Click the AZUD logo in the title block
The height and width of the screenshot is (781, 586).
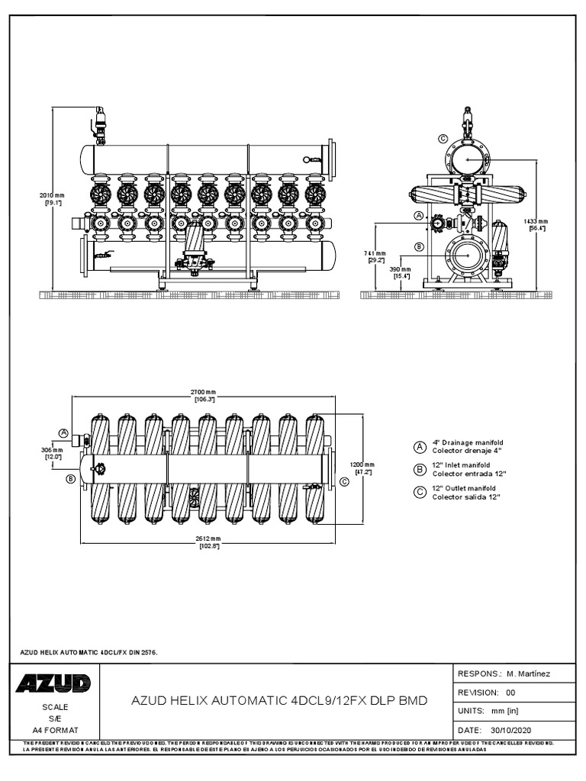(x=53, y=683)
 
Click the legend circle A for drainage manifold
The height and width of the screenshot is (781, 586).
(x=419, y=446)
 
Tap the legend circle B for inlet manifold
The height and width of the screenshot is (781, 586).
(x=419, y=469)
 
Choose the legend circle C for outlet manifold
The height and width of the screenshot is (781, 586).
(x=419, y=492)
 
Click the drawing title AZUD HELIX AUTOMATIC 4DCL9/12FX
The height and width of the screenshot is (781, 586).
(x=279, y=700)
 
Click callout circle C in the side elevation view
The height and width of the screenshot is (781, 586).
(x=443, y=139)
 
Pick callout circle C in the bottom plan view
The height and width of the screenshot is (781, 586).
(x=343, y=481)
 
